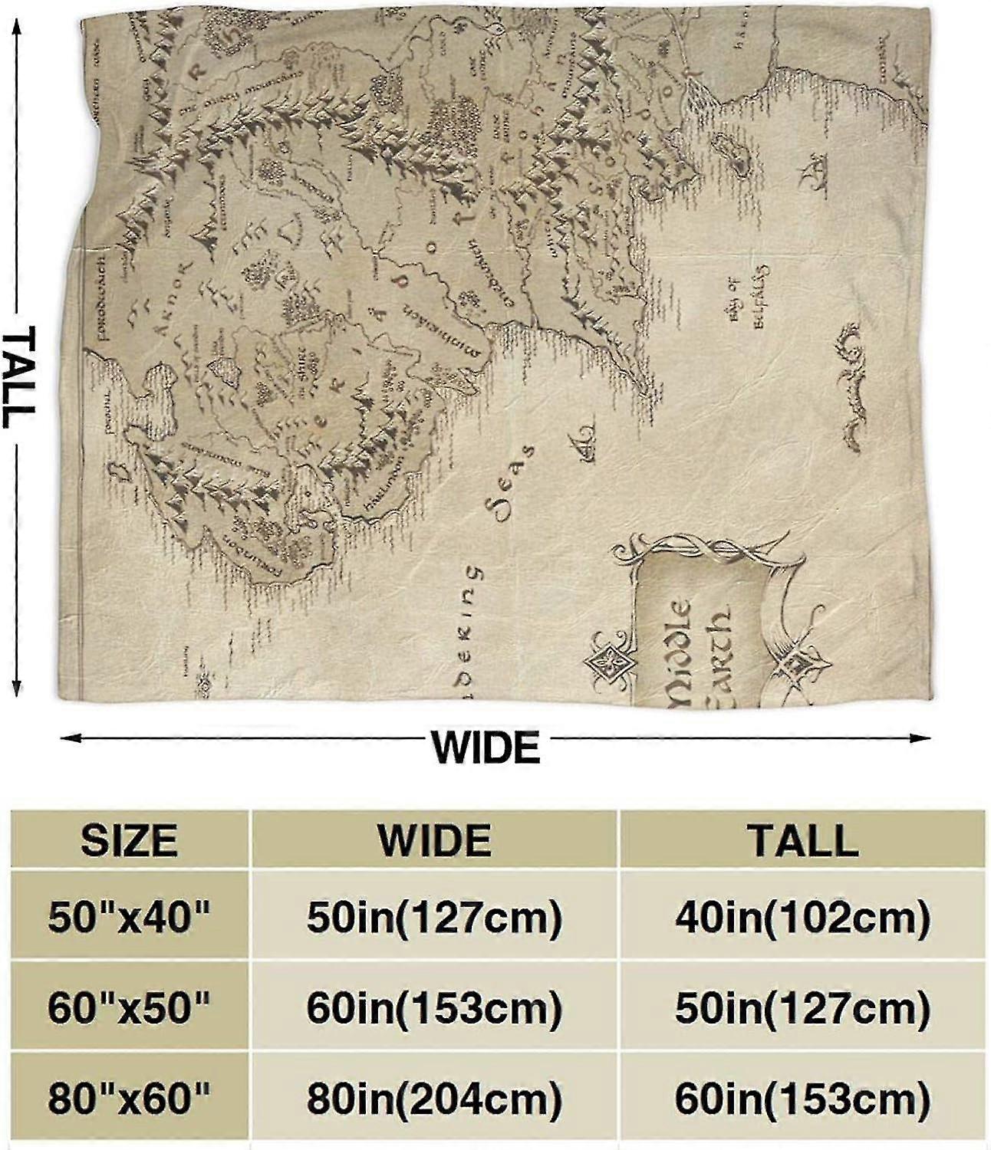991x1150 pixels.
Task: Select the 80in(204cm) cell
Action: (434, 1099)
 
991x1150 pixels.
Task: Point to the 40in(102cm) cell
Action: (802, 916)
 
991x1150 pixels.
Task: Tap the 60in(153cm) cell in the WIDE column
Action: (434, 1009)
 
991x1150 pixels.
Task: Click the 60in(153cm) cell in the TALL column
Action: (802, 1099)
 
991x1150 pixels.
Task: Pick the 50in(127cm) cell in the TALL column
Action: (802, 1009)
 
